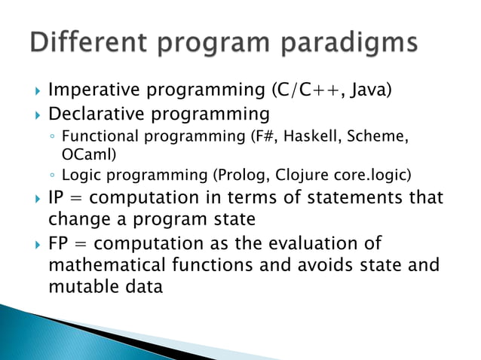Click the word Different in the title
pyautogui.click(x=86, y=42)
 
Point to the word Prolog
pyautogui.click(x=241, y=175)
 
